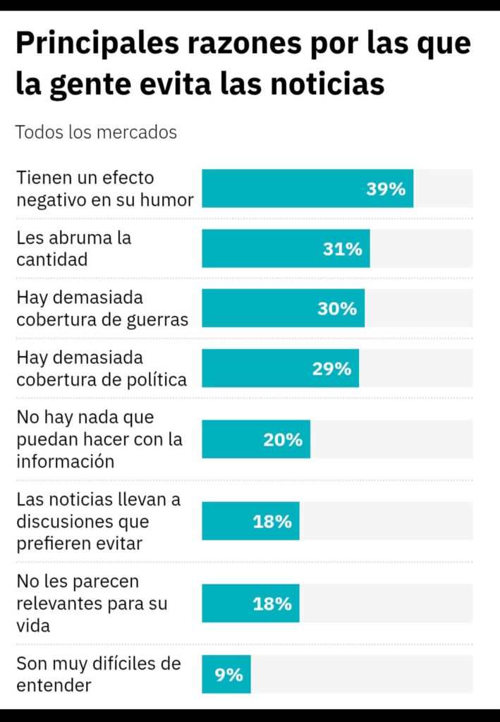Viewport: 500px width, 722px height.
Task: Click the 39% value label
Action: click(386, 189)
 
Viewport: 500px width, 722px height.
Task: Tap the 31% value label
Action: click(343, 249)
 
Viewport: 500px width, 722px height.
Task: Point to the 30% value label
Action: click(337, 309)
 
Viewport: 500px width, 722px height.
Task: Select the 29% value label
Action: click(331, 369)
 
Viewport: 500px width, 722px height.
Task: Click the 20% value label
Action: click(283, 440)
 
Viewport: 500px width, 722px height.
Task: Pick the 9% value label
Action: click(229, 675)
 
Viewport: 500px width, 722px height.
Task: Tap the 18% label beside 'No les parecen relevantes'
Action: click(272, 604)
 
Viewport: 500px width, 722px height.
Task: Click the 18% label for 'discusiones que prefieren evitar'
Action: click(272, 522)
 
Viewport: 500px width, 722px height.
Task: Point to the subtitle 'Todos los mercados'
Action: click(96, 133)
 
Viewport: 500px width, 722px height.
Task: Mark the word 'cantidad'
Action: click(52, 259)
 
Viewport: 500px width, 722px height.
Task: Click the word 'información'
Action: click(65, 462)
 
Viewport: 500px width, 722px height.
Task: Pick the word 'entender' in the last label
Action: click(54, 685)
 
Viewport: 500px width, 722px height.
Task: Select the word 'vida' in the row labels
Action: click(33, 625)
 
